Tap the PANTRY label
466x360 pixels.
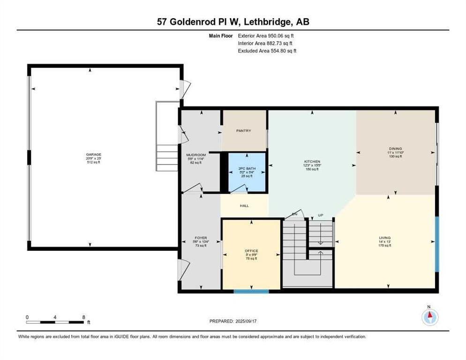pos(244,131)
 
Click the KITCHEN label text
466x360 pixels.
pos(312,161)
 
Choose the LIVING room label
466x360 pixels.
pos(385,238)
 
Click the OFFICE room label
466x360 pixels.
pos(252,251)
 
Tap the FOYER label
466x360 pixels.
pos(201,238)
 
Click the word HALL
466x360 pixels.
pos(244,205)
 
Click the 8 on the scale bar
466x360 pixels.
pos(83,317)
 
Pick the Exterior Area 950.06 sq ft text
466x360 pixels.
pos(266,36)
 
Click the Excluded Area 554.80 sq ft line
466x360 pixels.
pos(267,51)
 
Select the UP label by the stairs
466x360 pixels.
pos(321,215)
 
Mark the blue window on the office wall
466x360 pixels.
pos(251,292)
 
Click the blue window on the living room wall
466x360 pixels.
pos(437,244)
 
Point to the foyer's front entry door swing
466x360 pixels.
pos(184,269)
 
